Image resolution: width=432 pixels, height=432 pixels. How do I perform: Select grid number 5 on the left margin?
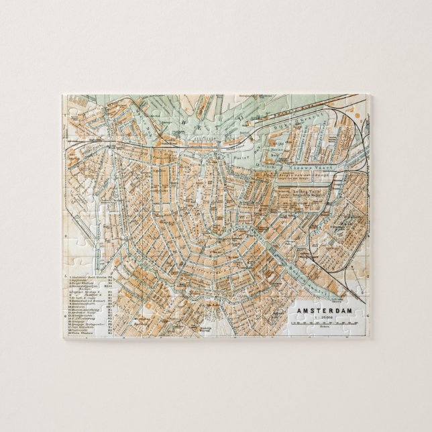click(x=65, y=276)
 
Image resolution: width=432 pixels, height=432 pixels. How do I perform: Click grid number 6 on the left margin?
click(x=65, y=314)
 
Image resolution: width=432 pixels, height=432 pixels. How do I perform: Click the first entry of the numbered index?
click(x=87, y=277)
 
